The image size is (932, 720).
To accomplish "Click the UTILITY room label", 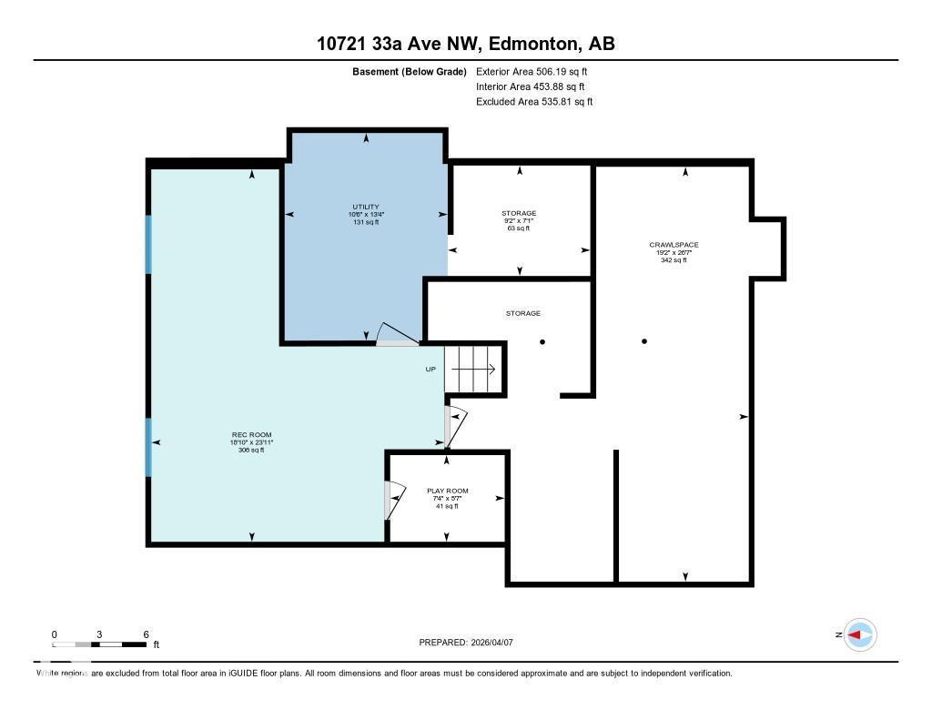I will tap(366, 207).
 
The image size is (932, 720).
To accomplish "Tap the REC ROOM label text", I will tap(251, 435).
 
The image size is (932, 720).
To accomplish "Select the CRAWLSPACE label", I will tap(674, 245).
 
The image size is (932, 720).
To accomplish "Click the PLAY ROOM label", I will tap(447, 491).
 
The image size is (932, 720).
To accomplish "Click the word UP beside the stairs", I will tap(431, 370).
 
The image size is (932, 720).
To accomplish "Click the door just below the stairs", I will tap(453, 426).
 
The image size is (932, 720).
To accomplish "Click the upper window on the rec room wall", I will tap(148, 243).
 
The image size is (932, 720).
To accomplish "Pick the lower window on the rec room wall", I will tap(148, 447).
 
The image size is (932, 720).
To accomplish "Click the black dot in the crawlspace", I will tap(644, 341).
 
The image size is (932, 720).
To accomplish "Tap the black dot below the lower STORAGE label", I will tap(542, 341).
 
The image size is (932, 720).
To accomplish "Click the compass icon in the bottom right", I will tap(860, 634).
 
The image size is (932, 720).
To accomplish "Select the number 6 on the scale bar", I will tap(146, 634).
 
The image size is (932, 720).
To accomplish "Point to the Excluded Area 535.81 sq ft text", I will tap(534, 102).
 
